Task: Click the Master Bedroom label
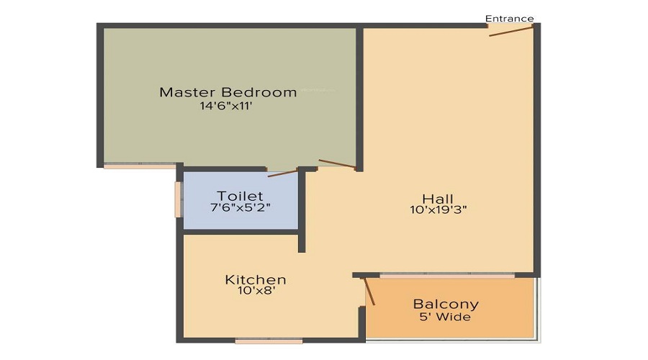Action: (x=228, y=91)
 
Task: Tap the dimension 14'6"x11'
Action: (x=226, y=106)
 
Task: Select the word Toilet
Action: (x=240, y=196)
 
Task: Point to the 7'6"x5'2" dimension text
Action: (x=240, y=207)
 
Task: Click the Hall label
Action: (x=438, y=199)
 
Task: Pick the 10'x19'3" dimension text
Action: (x=438, y=210)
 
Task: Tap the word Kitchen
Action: (x=256, y=279)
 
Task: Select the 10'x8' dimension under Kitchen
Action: (x=256, y=291)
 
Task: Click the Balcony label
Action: (x=446, y=305)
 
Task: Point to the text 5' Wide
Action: (x=445, y=317)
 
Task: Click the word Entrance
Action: (x=509, y=19)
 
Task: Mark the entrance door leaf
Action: (x=510, y=31)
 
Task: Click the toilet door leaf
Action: (x=283, y=173)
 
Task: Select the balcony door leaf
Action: (x=369, y=292)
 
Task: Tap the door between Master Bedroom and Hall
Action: (x=337, y=163)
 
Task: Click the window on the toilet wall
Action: (x=178, y=199)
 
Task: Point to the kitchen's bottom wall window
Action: (x=269, y=341)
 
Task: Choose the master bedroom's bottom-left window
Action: (x=140, y=166)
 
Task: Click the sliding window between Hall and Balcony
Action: (x=447, y=275)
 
